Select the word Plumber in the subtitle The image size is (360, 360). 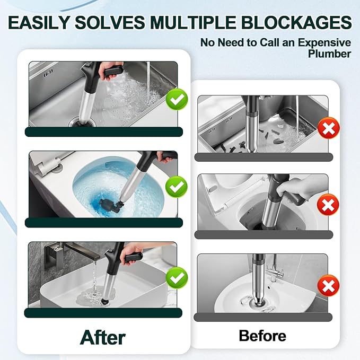pos(329,54)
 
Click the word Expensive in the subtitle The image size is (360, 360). pos(324,42)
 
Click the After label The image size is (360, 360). pos(103,337)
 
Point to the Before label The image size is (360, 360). pos(262,336)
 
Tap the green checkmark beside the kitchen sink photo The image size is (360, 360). pos(177,100)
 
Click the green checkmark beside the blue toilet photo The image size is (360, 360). pos(177,187)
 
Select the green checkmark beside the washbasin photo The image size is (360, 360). pos(177,278)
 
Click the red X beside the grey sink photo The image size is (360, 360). pos(329,128)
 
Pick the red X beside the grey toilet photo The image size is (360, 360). pos(328,205)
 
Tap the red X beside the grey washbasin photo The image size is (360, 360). pos(328,286)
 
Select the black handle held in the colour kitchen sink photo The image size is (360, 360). pos(114,71)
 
